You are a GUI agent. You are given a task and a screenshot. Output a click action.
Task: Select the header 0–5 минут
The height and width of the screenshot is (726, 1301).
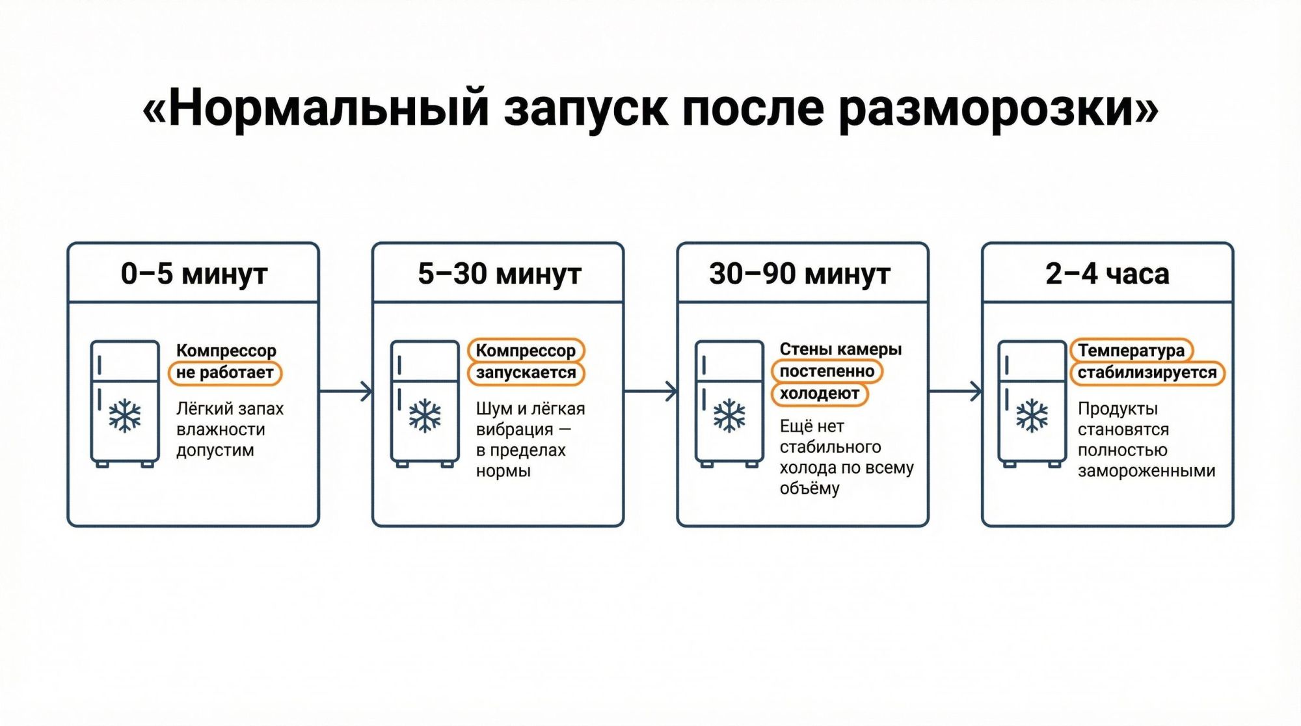[194, 274]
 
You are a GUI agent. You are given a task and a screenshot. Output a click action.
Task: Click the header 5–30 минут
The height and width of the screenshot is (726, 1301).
[499, 274]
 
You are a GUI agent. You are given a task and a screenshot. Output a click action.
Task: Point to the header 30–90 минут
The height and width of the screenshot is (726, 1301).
[799, 274]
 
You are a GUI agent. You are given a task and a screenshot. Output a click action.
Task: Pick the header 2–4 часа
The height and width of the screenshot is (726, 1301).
[1107, 274]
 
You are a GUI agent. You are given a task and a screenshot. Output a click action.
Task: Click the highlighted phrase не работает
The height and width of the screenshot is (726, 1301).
[225, 373]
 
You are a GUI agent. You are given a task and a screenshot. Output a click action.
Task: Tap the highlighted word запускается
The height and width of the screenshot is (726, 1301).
[526, 373]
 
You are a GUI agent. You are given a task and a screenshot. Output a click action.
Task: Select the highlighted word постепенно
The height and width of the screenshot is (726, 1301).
[827, 371]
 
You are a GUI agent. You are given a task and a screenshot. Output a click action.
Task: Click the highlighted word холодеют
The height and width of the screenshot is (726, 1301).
[820, 394]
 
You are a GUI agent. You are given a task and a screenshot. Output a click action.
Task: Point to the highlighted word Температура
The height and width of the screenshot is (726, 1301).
[1131, 351]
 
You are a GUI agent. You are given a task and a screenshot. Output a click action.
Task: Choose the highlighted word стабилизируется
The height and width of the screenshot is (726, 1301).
[1147, 373]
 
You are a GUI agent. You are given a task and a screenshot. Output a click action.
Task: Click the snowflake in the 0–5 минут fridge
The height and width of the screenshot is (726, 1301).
[125, 416]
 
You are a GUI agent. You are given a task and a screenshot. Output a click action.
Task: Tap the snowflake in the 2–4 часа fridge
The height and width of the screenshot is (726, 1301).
[1032, 416]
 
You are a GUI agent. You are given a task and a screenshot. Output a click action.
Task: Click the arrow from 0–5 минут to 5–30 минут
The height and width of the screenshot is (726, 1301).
[346, 392]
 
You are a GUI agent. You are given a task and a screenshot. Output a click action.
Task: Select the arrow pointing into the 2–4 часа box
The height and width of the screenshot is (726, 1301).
[955, 392]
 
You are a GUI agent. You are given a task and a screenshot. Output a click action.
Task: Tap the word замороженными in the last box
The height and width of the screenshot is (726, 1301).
[1146, 471]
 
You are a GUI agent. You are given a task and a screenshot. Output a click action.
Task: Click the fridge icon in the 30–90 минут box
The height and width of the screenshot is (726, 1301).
[729, 403]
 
